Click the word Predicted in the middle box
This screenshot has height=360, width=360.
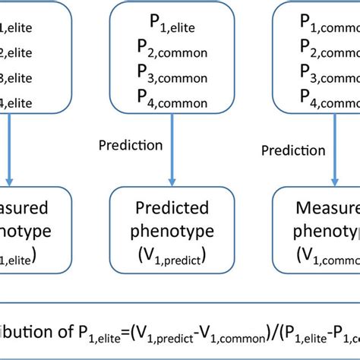pos(172,207)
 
